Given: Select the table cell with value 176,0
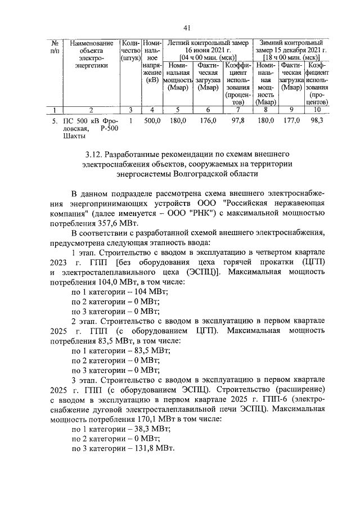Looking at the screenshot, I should point(208,120).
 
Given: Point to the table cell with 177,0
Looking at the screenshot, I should point(291,120).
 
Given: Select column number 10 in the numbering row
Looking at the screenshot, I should point(318,110).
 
